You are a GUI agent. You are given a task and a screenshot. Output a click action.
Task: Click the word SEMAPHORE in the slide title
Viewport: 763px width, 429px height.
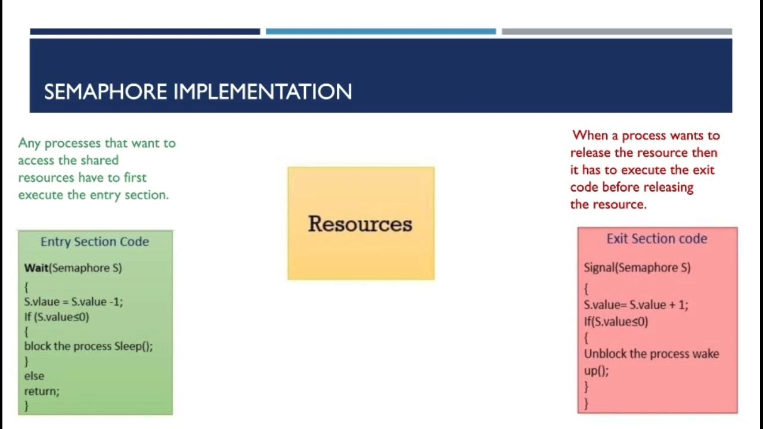(x=106, y=92)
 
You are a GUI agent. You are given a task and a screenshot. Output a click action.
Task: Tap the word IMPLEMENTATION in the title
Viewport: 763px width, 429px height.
(x=262, y=92)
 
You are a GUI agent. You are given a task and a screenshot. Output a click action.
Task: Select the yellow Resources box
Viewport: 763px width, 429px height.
(x=361, y=223)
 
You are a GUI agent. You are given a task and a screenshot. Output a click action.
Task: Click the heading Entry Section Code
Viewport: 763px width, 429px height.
(x=95, y=241)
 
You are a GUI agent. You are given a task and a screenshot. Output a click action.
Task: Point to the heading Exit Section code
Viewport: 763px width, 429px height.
(x=657, y=238)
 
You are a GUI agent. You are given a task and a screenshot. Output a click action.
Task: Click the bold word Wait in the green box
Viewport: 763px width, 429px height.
(x=36, y=268)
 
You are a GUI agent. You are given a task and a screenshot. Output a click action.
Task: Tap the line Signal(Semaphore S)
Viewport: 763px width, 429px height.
(x=637, y=268)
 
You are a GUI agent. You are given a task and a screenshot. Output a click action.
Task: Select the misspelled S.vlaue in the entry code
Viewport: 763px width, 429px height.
(x=42, y=301)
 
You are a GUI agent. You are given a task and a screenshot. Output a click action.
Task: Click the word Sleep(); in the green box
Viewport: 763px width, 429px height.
(x=134, y=346)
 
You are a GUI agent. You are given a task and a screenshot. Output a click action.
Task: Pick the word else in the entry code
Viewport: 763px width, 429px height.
(x=34, y=376)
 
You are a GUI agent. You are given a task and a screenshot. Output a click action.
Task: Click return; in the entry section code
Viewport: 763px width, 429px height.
(x=42, y=391)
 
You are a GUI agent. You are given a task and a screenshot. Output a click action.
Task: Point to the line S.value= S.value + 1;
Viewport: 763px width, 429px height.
(x=635, y=304)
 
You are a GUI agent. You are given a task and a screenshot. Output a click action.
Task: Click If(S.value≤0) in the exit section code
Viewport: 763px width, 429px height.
(x=616, y=322)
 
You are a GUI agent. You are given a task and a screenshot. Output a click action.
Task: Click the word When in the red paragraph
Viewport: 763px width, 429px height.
(x=590, y=135)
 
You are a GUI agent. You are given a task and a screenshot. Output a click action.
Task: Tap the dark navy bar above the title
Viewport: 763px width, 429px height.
(x=145, y=32)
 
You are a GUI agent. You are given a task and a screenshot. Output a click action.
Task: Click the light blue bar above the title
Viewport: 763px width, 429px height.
(x=380, y=32)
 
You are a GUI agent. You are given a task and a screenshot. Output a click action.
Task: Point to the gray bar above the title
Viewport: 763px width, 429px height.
(x=616, y=32)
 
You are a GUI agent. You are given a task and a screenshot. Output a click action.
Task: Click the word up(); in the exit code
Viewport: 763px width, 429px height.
(x=596, y=371)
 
